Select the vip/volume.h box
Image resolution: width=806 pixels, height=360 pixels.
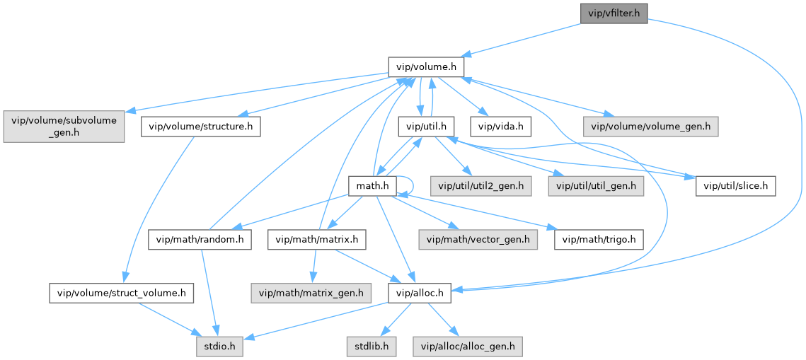click(426, 67)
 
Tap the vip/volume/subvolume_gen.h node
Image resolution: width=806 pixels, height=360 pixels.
click(64, 127)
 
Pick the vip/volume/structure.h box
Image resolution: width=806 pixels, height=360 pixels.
click(201, 127)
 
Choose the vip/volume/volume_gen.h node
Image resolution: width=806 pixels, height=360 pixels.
click(651, 127)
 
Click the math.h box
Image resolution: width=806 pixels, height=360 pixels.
click(372, 186)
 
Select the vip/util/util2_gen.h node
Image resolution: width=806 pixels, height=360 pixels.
click(481, 186)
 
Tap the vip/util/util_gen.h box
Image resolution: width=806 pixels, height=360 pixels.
click(596, 186)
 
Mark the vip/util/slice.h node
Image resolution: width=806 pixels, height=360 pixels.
click(736, 186)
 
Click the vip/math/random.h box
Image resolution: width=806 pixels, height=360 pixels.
click(200, 240)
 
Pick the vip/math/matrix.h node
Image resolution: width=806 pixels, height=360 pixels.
click(316, 240)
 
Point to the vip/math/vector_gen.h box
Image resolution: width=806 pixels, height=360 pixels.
click(478, 240)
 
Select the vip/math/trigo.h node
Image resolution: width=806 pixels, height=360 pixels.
click(599, 240)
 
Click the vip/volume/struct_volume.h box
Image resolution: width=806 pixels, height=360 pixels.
click(122, 292)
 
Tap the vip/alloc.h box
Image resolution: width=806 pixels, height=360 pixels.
click(420, 292)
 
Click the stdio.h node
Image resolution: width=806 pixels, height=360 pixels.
click(220, 347)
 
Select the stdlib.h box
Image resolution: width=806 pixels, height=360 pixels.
click(371, 347)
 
